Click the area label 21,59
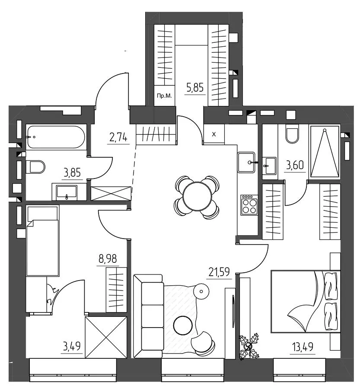coord(219,272)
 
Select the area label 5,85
coord(195,88)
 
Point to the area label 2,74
coord(118,137)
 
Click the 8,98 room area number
coord(108,259)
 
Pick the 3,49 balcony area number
coord(72,346)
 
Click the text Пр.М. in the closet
coord(164,96)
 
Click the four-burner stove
coord(249,205)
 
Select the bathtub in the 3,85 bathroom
coord(56,137)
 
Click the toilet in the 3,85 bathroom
coord(35,167)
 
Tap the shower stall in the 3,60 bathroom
coord(325,152)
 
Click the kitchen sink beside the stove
coord(246,163)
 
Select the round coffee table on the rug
coord(183,325)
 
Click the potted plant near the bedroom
coord(249,346)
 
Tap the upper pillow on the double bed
coord(331,285)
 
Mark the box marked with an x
coord(214,134)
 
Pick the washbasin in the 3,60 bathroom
coord(269,166)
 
